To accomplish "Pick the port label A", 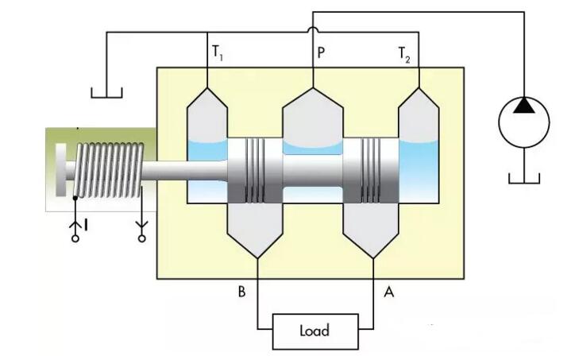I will pos(388,292).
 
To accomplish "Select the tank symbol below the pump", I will pos(523,176).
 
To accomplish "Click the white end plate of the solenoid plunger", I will pos(60,171).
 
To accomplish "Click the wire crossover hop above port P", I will pos(312,31).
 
